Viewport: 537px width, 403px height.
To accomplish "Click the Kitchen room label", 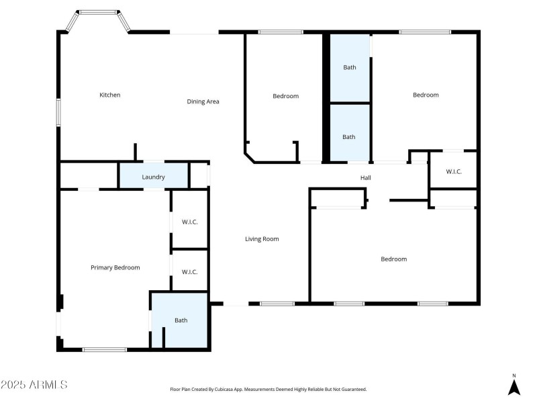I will point(110,95).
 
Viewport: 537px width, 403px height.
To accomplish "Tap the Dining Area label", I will point(203,101).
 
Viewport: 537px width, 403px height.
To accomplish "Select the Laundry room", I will point(153,177).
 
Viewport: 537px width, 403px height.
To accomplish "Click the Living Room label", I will point(262,238).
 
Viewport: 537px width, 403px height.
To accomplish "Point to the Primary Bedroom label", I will point(115,267).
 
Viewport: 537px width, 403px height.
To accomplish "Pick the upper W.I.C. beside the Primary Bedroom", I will point(189,221).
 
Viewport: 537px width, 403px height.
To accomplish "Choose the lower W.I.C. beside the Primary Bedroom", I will point(189,271).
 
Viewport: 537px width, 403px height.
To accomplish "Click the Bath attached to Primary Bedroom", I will point(181,320).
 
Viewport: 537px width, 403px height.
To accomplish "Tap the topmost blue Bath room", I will point(350,67).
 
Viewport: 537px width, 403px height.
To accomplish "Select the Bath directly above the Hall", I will point(349,136).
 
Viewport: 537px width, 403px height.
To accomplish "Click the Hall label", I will point(366,177).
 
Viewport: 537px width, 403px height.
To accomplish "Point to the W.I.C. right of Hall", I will point(454,171).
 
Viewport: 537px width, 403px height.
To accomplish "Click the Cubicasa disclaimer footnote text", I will point(268,389).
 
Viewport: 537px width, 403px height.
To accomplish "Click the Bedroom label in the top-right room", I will point(426,95).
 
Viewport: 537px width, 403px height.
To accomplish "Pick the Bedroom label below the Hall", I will point(393,259).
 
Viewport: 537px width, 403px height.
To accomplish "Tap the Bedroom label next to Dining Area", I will point(285,96).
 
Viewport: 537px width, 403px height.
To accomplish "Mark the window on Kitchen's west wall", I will point(58,112).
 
